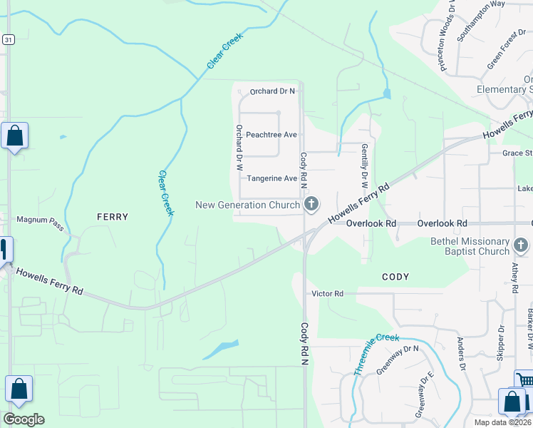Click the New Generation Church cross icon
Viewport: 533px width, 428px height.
[x=311, y=205]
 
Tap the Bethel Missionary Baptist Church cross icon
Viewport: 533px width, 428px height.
[x=522, y=246]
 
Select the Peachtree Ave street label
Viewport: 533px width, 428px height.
[x=271, y=135]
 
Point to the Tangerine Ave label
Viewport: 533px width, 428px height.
[x=271, y=178]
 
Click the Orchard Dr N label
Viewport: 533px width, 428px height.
[x=272, y=91]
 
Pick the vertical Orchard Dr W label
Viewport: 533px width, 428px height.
[x=239, y=148]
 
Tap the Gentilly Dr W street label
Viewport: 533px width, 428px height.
[x=364, y=160]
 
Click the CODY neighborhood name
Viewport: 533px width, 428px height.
[x=395, y=277]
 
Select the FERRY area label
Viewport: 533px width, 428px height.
[x=113, y=217]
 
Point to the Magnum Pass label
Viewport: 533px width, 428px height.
[x=40, y=220]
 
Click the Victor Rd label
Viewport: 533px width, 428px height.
[x=327, y=293]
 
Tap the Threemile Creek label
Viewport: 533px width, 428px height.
[x=377, y=354]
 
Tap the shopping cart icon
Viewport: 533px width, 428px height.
[x=524, y=381]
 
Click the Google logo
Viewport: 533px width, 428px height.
[x=24, y=419]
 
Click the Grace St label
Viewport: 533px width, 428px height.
[x=517, y=153]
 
